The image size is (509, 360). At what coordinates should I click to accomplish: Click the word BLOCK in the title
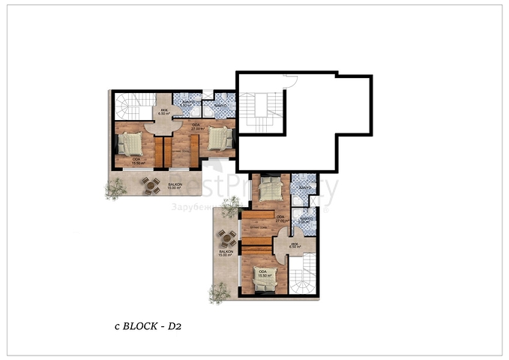(x=139, y=326)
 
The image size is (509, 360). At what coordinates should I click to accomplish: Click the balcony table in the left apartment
(x=152, y=185)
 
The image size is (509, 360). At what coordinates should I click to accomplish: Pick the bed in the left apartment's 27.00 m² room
(x=219, y=139)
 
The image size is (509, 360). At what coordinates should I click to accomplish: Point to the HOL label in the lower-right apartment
(x=295, y=245)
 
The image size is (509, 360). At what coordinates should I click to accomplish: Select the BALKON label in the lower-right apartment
(x=224, y=253)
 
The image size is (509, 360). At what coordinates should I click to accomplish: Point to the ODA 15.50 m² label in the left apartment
(x=137, y=160)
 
